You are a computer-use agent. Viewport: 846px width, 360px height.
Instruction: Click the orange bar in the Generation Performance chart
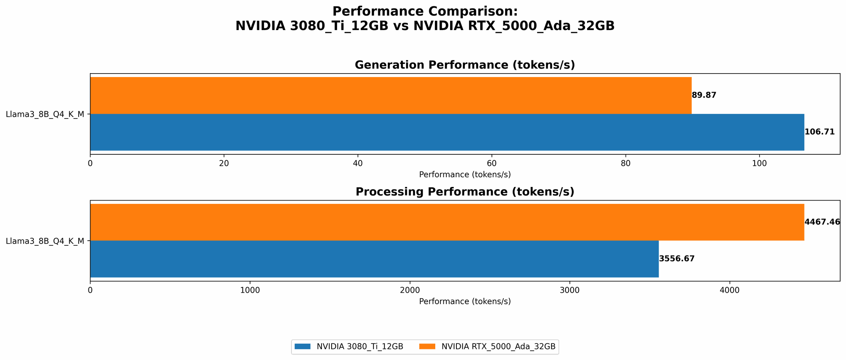click(x=390, y=95)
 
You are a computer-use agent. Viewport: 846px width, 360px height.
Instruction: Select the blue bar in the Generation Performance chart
click(x=447, y=132)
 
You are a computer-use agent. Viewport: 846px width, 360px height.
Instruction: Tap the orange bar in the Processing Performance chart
click(x=447, y=222)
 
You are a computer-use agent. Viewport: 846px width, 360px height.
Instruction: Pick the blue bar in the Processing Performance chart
click(x=374, y=259)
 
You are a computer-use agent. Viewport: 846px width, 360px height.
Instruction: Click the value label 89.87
click(x=704, y=95)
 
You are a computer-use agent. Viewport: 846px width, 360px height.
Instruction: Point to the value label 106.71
click(x=819, y=132)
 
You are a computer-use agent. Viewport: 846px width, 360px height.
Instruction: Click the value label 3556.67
click(x=677, y=259)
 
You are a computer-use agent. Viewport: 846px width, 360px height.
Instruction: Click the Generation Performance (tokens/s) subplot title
click(x=464, y=65)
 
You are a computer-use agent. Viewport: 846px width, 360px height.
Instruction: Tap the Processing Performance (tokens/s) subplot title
click(x=464, y=192)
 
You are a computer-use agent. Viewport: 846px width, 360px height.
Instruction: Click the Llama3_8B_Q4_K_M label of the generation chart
click(x=45, y=114)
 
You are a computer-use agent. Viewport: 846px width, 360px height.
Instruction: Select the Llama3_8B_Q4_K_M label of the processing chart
click(x=45, y=241)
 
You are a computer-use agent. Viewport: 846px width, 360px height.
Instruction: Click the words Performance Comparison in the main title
click(x=425, y=11)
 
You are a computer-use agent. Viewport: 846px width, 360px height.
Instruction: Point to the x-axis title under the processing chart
click(x=464, y=302)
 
